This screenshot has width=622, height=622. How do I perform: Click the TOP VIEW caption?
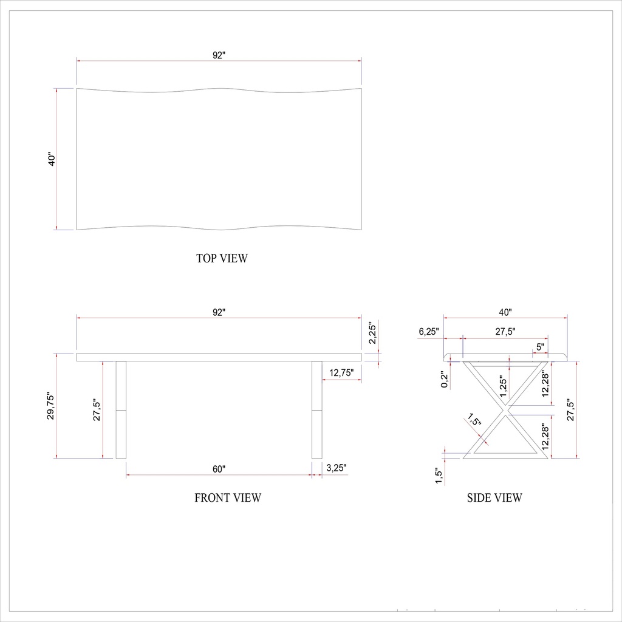pyautogui.click(x=222, y=258)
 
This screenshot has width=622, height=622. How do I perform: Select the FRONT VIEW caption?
pyautogui.click(x=228, y=498)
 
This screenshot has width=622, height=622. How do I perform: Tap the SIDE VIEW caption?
pyautogui.click(x=494, y=498)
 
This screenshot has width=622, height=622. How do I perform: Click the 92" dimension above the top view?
pyautogui.click(x=219, y=55)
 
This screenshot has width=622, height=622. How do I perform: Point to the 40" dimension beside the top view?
pyautogui.click(x=52, y=159)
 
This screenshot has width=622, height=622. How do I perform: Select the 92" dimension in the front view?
pyautogui.click(x=219, y=312)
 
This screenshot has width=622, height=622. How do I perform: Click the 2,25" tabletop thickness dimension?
pyautogui.click(x=374, y=333)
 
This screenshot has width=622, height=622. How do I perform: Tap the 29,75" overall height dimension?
pyautogui.click(x=52, y=406)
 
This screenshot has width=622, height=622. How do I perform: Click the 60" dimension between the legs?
pyautogui.click(x=219, y=468)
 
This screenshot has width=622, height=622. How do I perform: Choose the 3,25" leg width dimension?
pyautogui.click(x=337, y=468)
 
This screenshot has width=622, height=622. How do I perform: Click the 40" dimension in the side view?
pyautogui.click(x=505, y=312)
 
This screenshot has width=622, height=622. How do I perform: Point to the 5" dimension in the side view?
pyautogui.click(x=539, y=347)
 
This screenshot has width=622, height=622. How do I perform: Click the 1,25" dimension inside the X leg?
pyautogui.click(x=503, y=386)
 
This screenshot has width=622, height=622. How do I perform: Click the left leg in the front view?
pyautogui.click(x=121, y=409)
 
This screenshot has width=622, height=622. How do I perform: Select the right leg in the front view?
pyautogui.click(x=316, y=409)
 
